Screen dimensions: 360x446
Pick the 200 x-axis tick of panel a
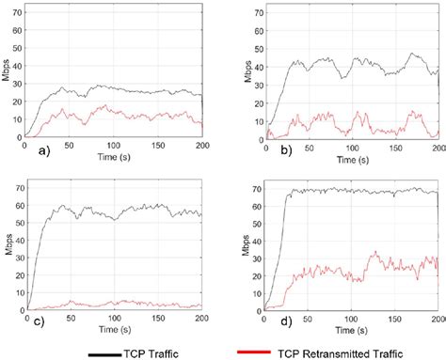click(198, 146)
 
